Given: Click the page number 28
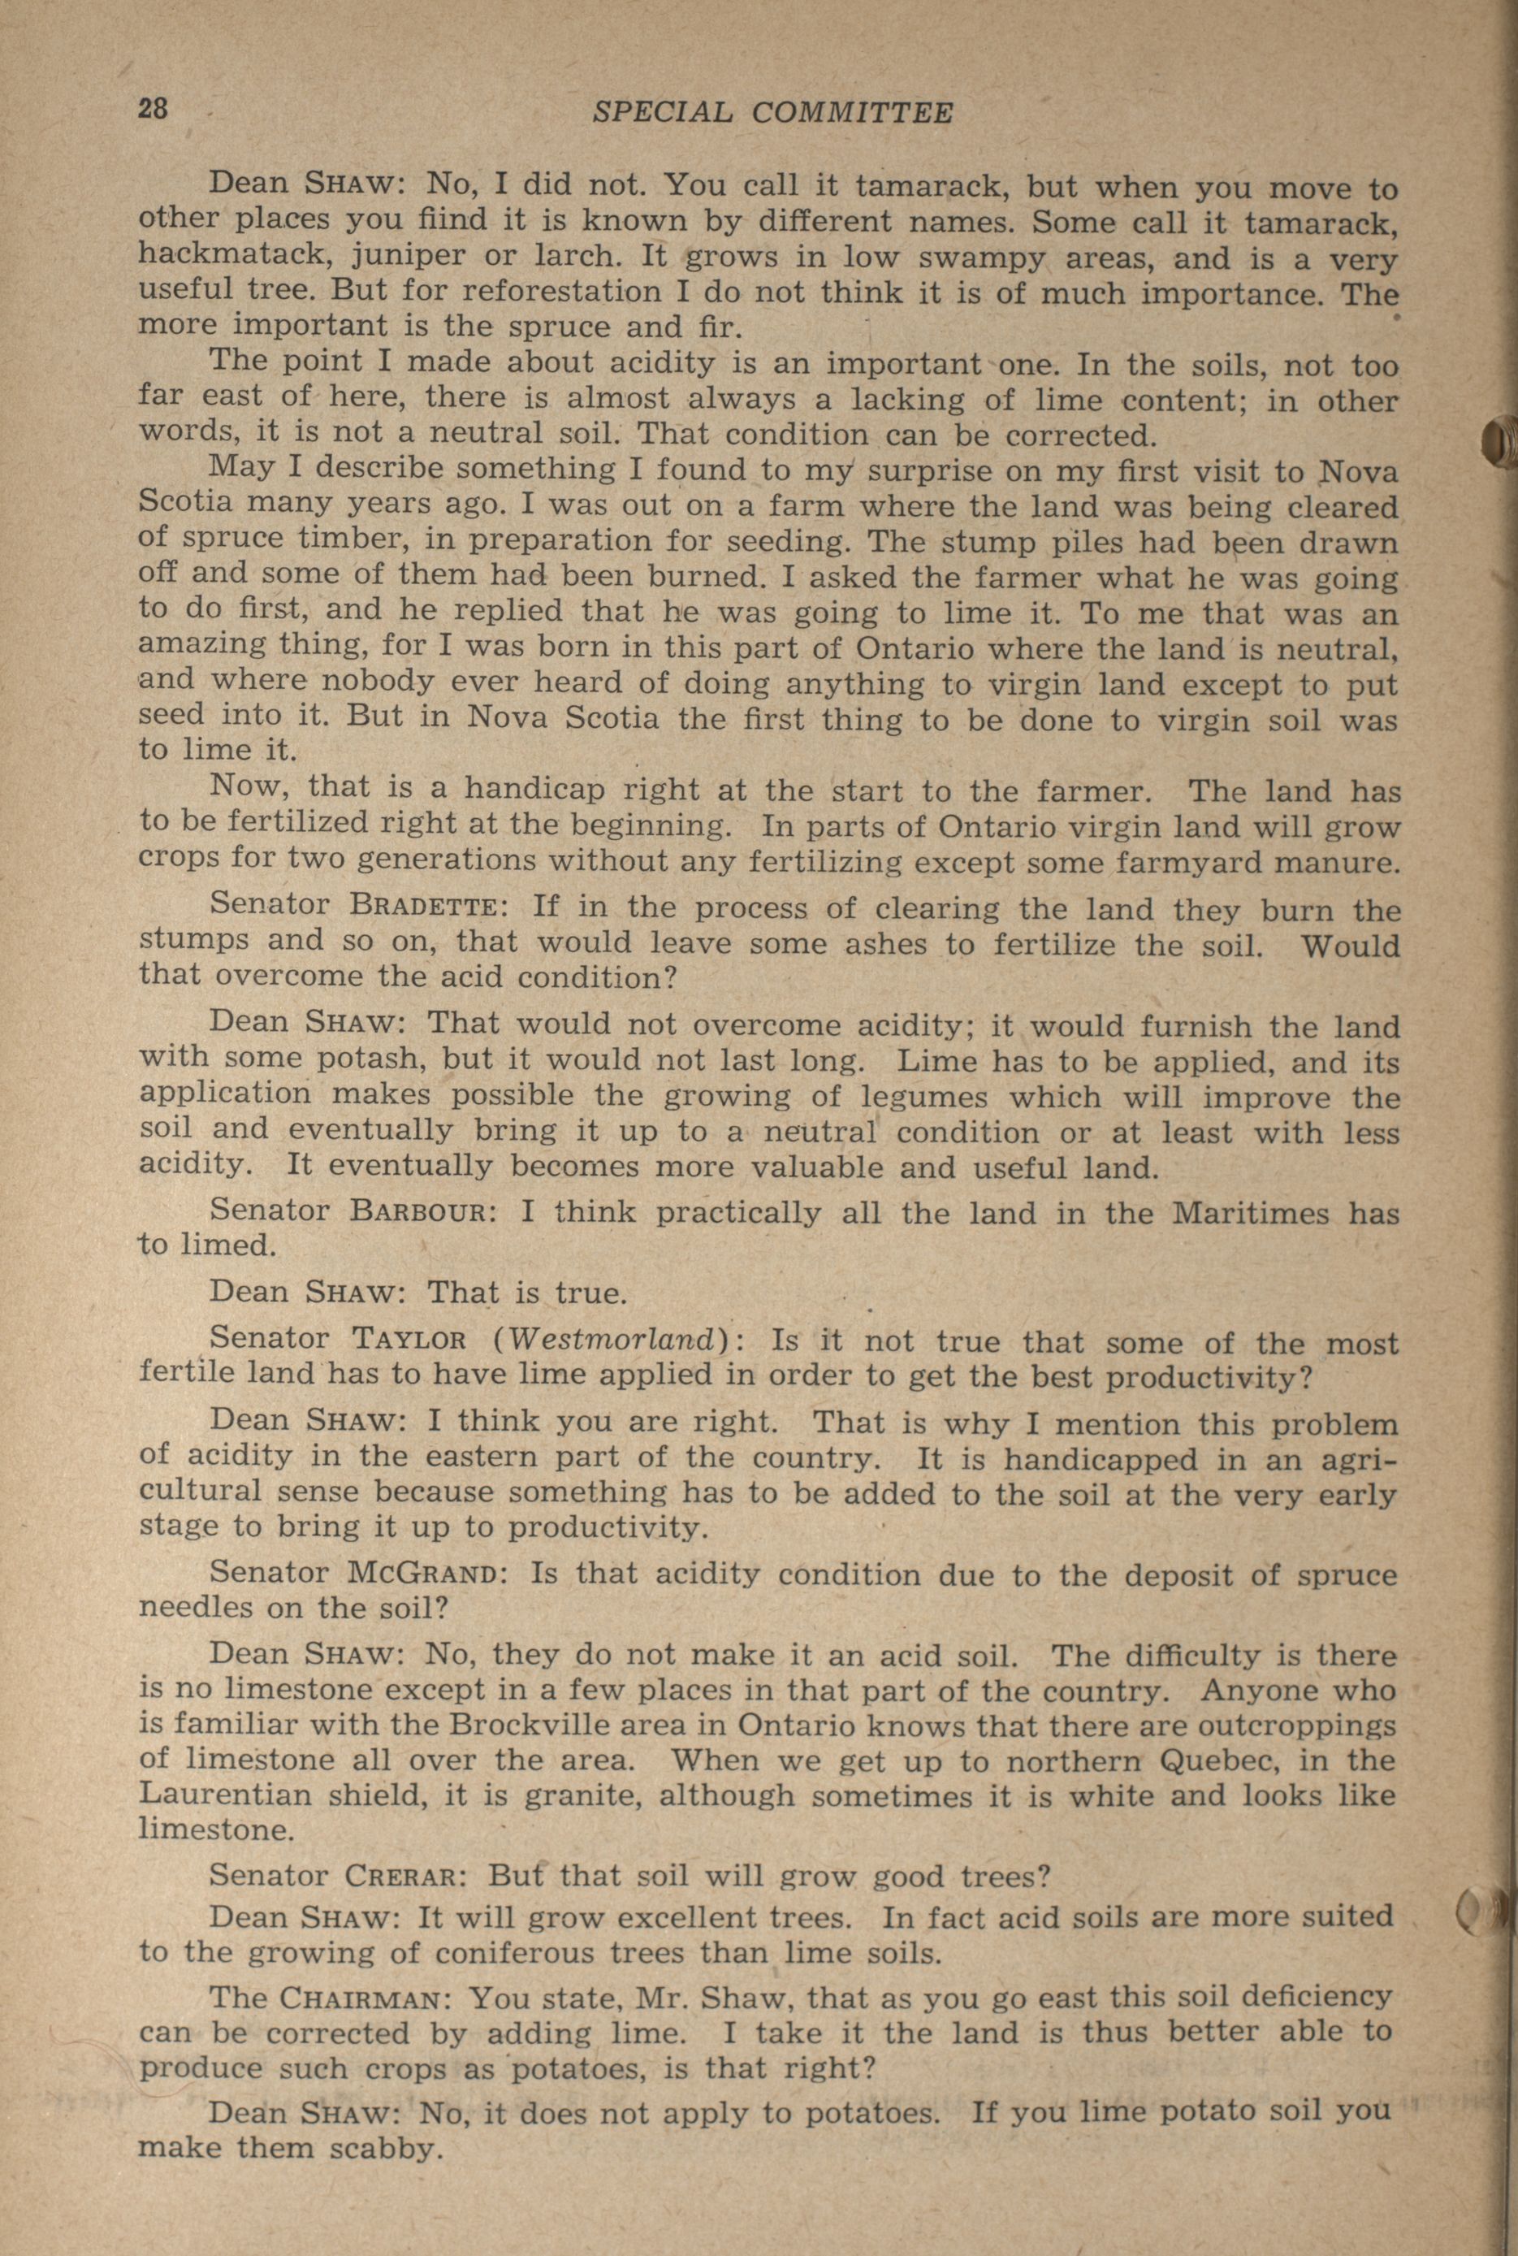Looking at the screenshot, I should click(153, 107).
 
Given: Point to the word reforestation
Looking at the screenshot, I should click(544, 291).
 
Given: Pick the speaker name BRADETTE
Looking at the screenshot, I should click(425, 908).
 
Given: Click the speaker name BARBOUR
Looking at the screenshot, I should click(422, 1212).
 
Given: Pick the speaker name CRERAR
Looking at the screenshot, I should click(400, 1876).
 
